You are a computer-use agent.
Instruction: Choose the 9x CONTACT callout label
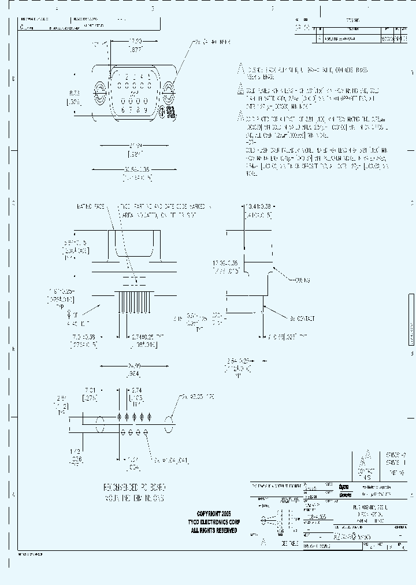(x=301, y=318)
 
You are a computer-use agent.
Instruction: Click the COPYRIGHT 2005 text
(x=214, y=513)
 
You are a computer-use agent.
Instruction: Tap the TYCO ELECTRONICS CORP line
(x=214, y=521)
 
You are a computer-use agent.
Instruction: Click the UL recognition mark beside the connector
(x=170, y=112)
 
